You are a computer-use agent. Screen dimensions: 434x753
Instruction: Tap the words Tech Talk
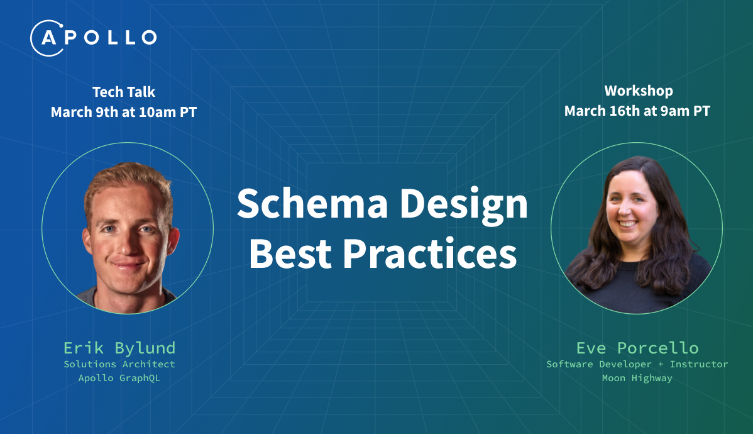(x=124, y=92)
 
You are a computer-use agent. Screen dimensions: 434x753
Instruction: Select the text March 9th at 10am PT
(x=124, y=112)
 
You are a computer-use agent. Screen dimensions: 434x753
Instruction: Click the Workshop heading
(x=639, y=91)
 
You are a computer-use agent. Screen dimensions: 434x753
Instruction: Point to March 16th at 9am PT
(x=637, y=111)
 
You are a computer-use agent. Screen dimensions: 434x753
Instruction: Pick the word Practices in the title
(x=429, y=253)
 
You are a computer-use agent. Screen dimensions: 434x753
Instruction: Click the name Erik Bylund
(x=119, y=348)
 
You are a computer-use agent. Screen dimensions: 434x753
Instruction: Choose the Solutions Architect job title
(x=119, y=364)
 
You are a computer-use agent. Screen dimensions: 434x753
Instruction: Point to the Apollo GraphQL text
(x=119, y=378)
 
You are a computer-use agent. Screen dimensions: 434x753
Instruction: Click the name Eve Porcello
(x=637, y=348)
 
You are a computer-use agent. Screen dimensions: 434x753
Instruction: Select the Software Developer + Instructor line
(x=637, y=364)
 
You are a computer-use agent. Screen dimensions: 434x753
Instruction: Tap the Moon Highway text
(x=637, y=378)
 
